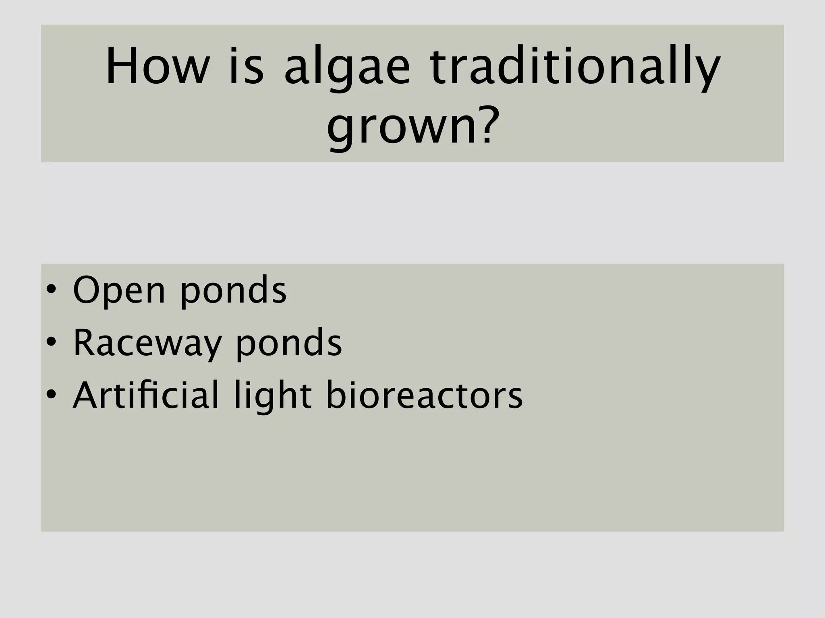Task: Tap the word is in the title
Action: point(246,67)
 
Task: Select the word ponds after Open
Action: point(233,291)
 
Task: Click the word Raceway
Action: point(147,344)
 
